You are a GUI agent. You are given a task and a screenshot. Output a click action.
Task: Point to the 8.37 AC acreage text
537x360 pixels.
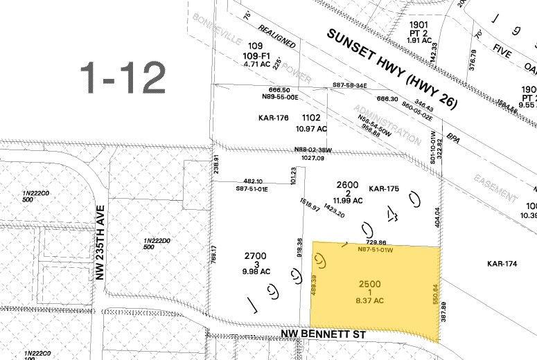(369, 301)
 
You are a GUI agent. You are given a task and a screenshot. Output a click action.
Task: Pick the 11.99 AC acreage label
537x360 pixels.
(349, 181)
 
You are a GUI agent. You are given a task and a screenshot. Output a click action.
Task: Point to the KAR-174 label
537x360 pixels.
(503, 263)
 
